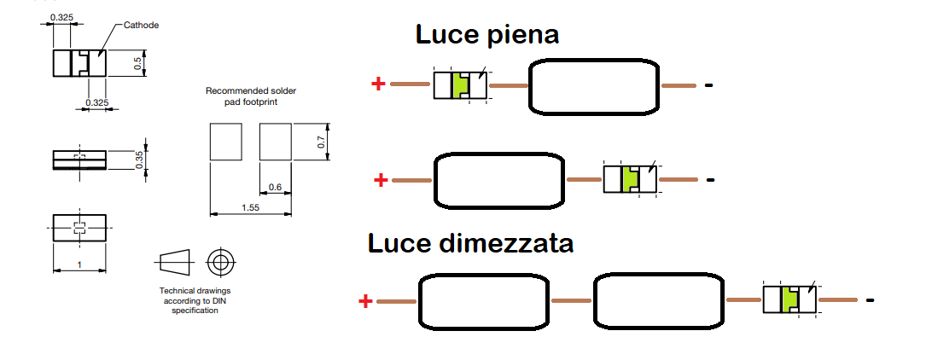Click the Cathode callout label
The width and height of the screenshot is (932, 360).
point(142,25)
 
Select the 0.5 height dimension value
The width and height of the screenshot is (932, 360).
point(137,62)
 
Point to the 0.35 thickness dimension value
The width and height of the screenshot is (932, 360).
point(140,160)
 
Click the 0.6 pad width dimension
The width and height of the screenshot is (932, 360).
point(275,186)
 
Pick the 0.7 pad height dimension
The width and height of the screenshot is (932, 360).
point(321,142)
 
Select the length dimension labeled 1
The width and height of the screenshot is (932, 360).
point(79,265)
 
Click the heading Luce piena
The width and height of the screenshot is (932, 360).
point(487,35)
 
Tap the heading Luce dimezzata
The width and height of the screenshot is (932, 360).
point(470,242)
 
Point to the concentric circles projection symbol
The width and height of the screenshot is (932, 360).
point(221,260)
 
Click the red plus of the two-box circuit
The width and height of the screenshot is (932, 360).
point(365,300)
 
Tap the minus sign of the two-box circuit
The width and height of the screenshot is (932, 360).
point(871,300)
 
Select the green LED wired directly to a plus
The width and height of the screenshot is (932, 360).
point(461,84)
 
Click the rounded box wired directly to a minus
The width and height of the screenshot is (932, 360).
point(594,86)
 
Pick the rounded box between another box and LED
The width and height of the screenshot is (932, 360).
point(657,300)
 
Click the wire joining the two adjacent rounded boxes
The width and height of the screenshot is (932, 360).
point(572,300)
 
